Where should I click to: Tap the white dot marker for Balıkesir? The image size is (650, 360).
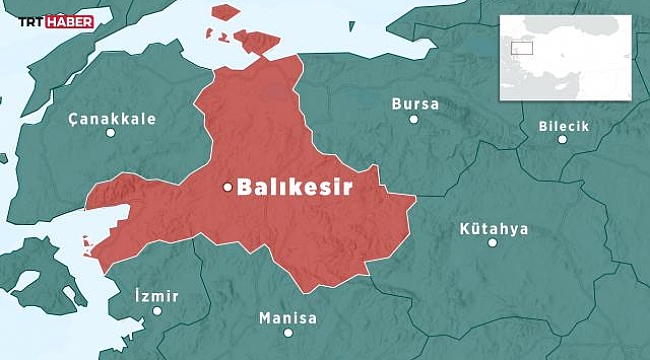click(227, 187)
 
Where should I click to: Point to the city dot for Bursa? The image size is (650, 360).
click(414, 120)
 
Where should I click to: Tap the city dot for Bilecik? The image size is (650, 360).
click(562, 140)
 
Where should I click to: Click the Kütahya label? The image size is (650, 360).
click(493, 228)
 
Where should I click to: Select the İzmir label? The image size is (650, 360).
click(156, 296)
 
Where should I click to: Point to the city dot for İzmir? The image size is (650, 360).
click(158, 312)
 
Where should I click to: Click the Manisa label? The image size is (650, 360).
click(287, 319)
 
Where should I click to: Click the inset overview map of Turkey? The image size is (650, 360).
click(566, 58)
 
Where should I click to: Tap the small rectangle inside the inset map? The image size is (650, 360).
click(521, 47)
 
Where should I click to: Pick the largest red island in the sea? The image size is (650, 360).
click(257, 43)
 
